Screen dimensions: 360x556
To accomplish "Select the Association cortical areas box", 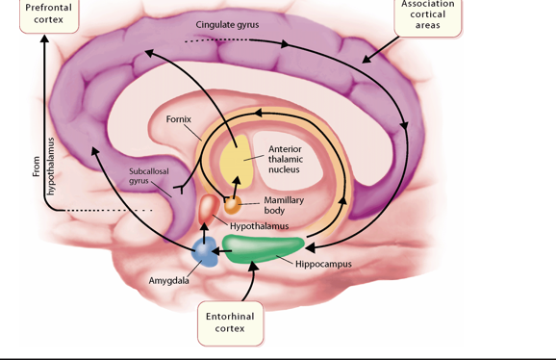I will click(427, 15).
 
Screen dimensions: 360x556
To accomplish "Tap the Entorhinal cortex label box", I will click(230, 321).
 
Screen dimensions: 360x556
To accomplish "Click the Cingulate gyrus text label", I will click(228, 23).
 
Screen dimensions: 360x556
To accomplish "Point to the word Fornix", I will click(178, 120).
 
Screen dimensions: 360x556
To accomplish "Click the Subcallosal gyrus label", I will click(147, 175).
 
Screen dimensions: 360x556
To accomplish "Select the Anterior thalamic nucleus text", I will click(284, 160).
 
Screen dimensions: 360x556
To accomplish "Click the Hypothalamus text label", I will click(259, 225).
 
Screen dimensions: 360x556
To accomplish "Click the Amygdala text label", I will click(168, 280).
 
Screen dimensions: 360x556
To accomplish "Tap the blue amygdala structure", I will click(204, 251).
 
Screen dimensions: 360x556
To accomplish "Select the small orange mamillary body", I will click(233, 205).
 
